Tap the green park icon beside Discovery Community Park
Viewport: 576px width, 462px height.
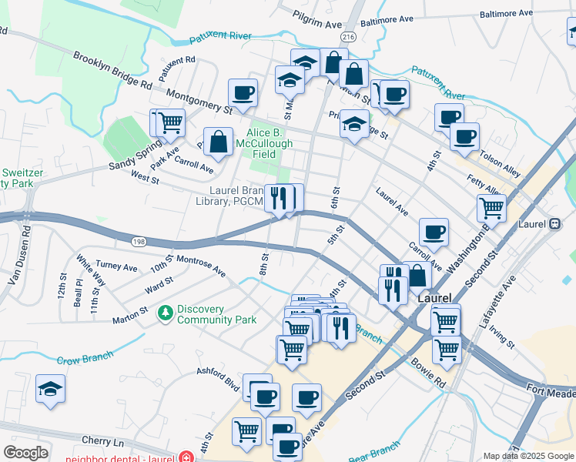coord(164,313)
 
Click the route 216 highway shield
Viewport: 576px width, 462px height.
coord(348,36)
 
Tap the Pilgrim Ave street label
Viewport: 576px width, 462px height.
coord(316,19)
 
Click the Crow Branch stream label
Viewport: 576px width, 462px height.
coord(85,357)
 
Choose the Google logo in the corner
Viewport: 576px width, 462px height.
coord(25,453)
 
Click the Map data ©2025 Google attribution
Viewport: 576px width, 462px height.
coord(528,456)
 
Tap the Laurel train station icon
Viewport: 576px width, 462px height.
coord(554,224)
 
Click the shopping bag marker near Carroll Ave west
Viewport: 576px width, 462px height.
coord(219,142)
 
